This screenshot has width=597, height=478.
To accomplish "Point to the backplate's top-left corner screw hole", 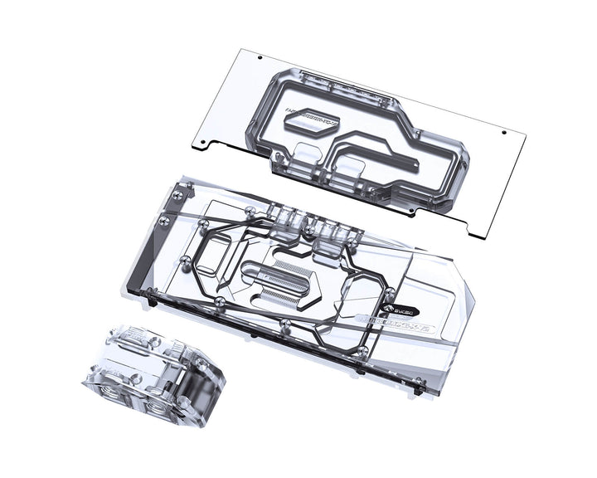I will (x=260, y=59).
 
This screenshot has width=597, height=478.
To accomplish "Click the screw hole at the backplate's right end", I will (x=505, y=133).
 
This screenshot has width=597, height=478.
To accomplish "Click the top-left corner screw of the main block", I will (x=177, y=193).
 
